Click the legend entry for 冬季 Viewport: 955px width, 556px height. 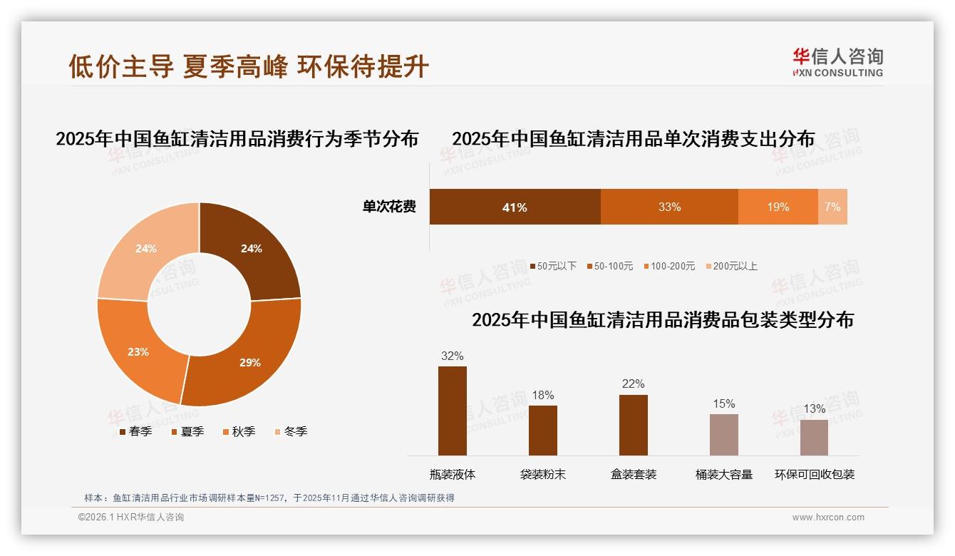click(x=290, y=431)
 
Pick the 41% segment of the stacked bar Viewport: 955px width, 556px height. click(x=515, y=207)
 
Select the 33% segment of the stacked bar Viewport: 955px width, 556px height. click(x=669, y=207)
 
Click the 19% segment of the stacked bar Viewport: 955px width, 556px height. click(x=778, y=207)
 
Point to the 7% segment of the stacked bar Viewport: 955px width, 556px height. click(x=832, y=207)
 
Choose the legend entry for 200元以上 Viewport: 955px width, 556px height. click(x=731, y=266)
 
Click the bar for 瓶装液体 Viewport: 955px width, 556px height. click(x=453, y=411)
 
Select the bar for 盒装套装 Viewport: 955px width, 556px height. click(x=633, y=425)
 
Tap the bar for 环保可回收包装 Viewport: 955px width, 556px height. click(x=814, y=437)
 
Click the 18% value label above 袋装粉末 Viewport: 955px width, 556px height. click(x=543, y=396)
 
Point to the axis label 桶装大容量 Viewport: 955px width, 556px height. click(x=724, y=475)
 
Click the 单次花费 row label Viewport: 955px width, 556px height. click(x=389, y=207)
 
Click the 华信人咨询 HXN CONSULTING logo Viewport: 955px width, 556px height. click(x=837, y=63)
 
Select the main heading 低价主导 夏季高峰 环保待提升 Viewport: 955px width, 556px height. click(x=249, y=66)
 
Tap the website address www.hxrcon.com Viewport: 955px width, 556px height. click(x=828, y=518)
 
